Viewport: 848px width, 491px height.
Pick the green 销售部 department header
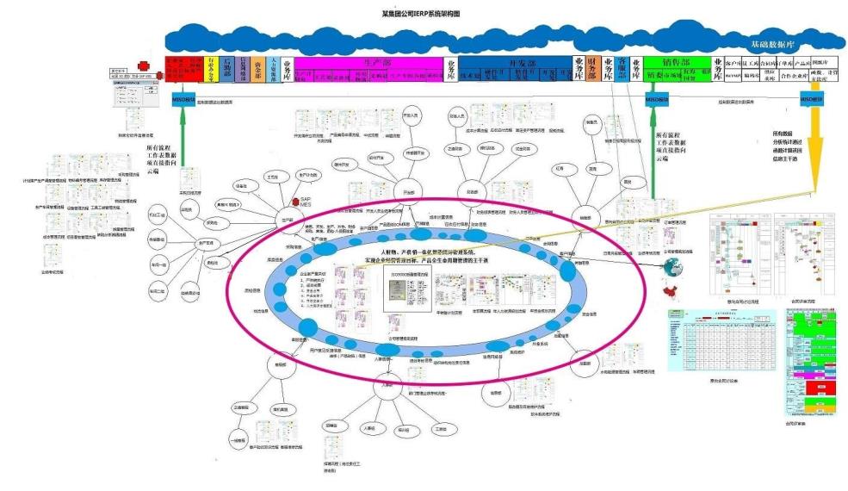[x=677, y=63]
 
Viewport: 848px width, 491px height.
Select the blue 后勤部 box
[x=227, y=69]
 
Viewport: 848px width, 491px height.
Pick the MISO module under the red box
[x=182, y=100]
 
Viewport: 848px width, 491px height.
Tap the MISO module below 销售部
[x=657, y=100]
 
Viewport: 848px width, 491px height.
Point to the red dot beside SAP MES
[x=293, y=200]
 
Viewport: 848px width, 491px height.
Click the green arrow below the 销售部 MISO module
[x=657, y=146]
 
